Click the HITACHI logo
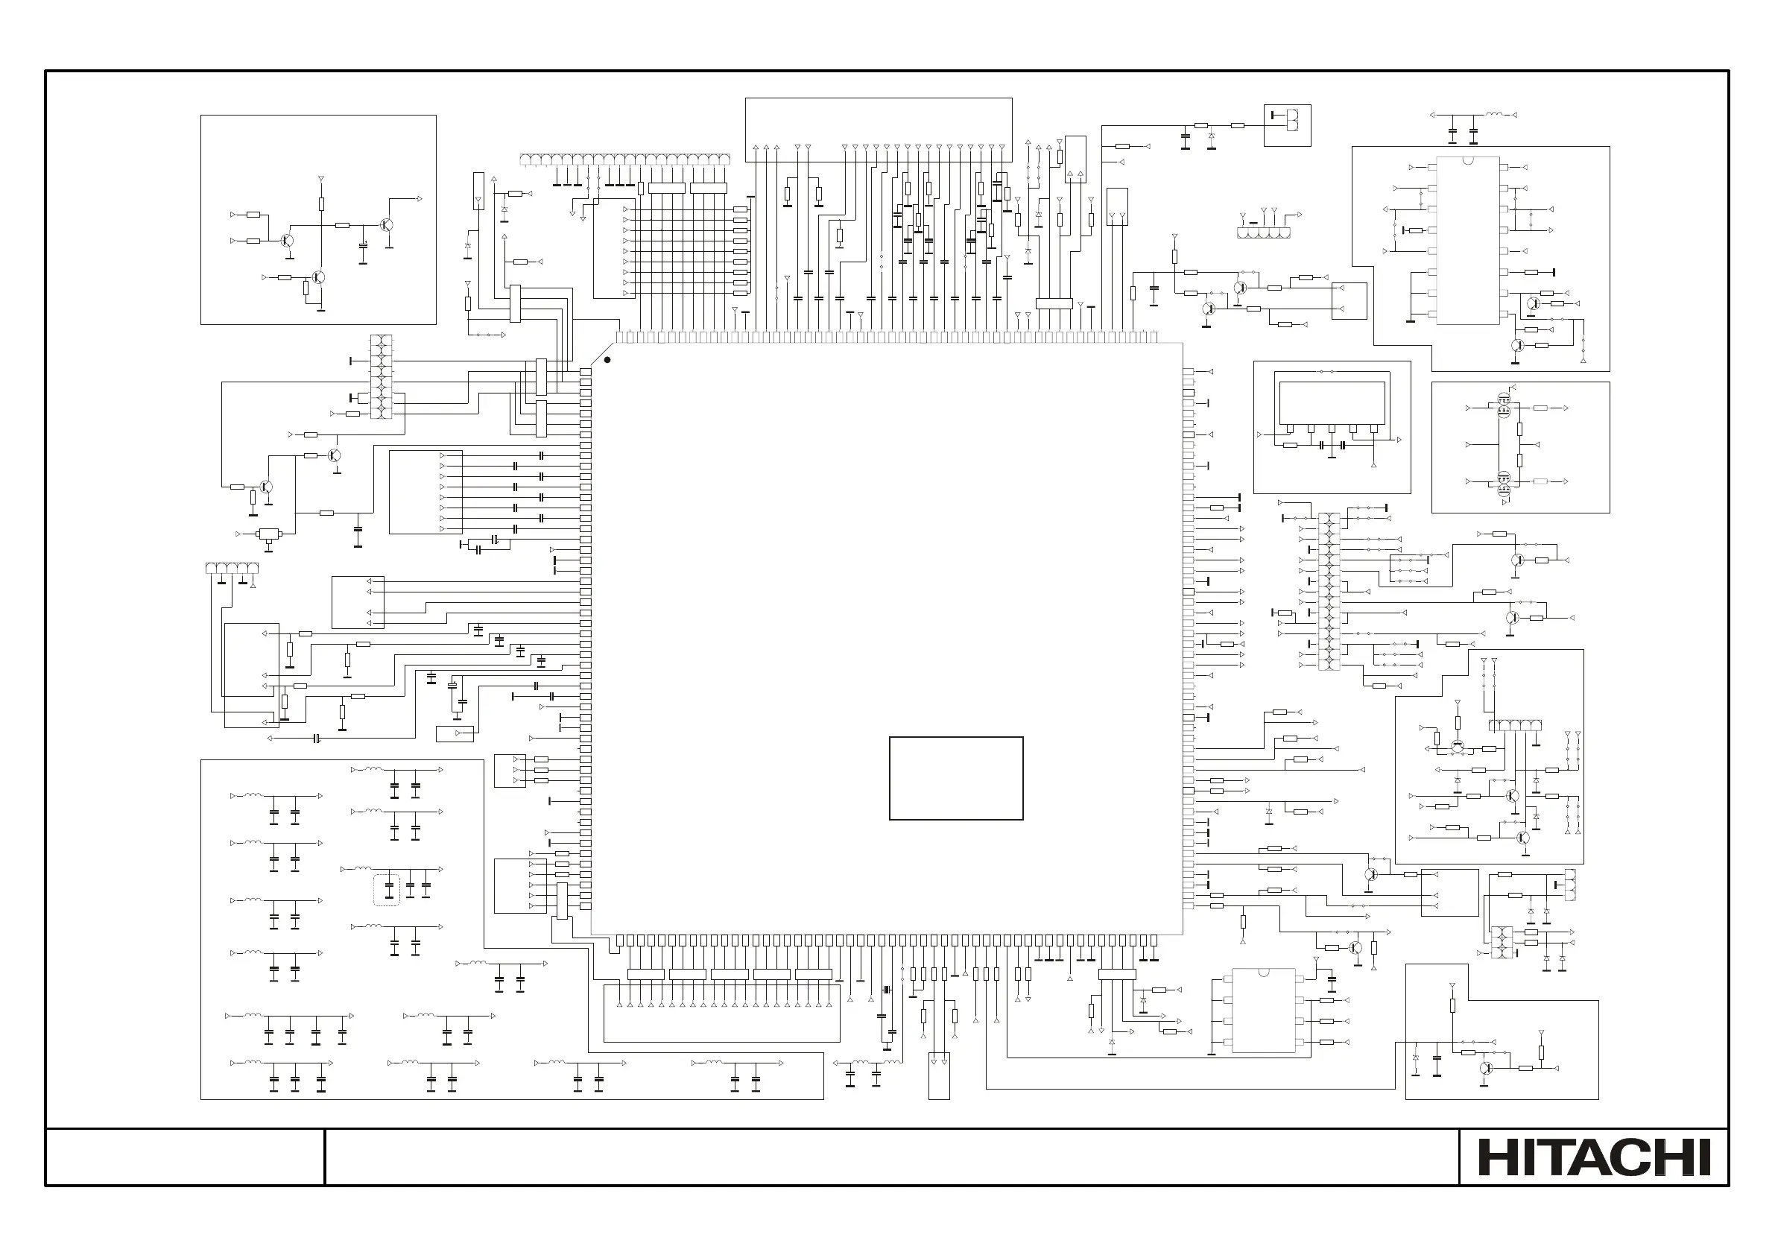1594,1157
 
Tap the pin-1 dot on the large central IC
607,359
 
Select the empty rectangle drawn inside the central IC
955,778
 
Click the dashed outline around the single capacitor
387,889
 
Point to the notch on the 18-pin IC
1467,160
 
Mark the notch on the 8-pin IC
1263,972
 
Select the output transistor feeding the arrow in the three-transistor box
386,225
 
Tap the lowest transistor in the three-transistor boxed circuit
317,277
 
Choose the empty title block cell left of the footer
185,1156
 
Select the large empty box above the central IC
879,129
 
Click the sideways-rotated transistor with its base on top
1458,746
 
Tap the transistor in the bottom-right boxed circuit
1486,1068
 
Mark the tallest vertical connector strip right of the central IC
1329,591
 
